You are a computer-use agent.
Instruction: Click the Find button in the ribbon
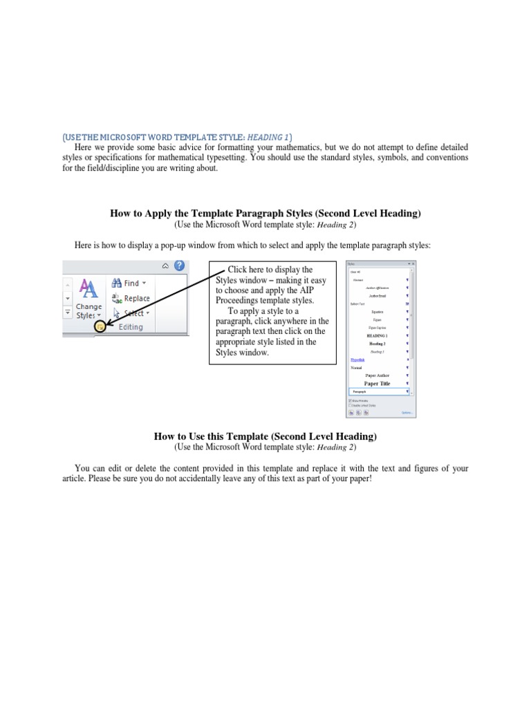130,283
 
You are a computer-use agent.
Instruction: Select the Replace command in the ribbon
136,298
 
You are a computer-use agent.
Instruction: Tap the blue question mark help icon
180,265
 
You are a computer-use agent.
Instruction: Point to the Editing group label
131,327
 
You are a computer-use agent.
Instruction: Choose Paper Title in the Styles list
377,383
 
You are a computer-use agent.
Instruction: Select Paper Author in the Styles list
377,375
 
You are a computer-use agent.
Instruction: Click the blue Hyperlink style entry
357,360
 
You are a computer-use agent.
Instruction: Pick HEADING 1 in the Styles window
377,335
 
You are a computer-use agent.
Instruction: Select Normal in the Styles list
356,368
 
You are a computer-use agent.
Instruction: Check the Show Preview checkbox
350,400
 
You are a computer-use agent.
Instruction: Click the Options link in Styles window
407,413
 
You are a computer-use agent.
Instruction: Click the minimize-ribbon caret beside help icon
165,265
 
